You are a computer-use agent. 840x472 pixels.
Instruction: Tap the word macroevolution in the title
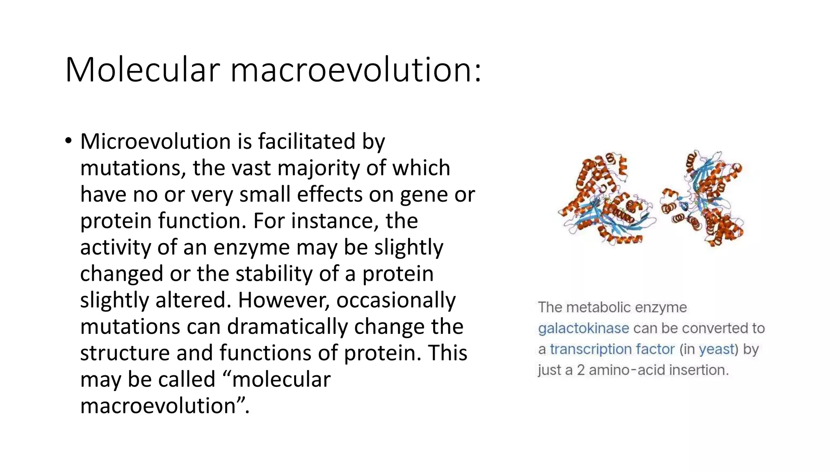pos(355,70)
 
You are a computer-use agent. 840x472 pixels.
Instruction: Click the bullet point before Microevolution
pos(68,141)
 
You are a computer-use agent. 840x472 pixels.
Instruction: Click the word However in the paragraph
pos(284,300)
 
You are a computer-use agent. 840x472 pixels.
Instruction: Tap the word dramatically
pos(287,327)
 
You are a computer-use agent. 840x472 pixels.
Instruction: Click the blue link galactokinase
pos(583,328)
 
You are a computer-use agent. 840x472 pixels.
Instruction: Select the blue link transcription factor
pos(612,349)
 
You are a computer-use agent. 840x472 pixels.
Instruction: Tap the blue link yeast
pos(716,349)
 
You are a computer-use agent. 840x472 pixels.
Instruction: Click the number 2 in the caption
pos(581,370)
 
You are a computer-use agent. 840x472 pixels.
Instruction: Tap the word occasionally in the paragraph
pos(396,300)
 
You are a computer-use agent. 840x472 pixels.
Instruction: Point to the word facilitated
pos(307,141)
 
